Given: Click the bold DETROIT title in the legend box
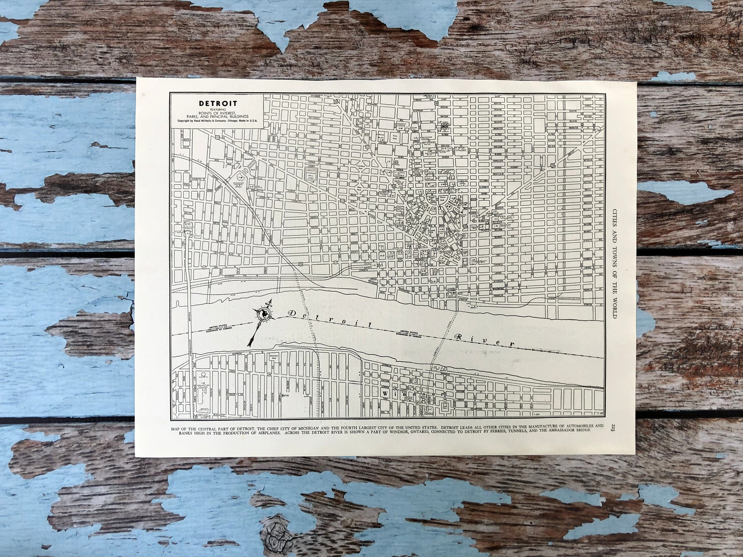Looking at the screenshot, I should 218,103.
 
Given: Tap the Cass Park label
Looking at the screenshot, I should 395,137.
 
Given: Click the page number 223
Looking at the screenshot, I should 613,428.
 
